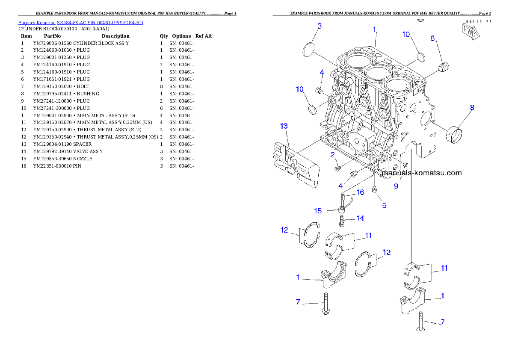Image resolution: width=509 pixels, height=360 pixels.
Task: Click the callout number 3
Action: click(x=320, y=26)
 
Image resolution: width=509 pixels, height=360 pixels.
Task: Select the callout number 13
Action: click(x=284, y=126)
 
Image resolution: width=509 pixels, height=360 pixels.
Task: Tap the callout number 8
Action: click(x=472, y=108)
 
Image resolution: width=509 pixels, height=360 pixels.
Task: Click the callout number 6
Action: click(x=432, y=38)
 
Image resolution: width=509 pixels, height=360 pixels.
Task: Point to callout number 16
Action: click(x=361, y=192)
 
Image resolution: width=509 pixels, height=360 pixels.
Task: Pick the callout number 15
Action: click(x=318, y=211)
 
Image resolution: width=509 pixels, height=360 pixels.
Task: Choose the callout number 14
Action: click(x=360, y=218)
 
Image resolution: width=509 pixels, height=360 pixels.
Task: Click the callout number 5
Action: click(x=384, y=205)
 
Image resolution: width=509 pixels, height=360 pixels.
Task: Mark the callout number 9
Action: click(x=396, y=186)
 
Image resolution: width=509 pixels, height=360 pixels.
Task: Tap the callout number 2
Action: click(x=332, y=155)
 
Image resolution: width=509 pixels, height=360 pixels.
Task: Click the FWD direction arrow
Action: click(x=469, y=32)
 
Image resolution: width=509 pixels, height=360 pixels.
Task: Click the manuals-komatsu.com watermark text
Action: click(x=422, y=173)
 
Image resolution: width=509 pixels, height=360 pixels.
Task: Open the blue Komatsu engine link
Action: click(x=80, y=22)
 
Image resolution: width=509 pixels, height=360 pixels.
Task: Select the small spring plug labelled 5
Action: click(x=375, y=190)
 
